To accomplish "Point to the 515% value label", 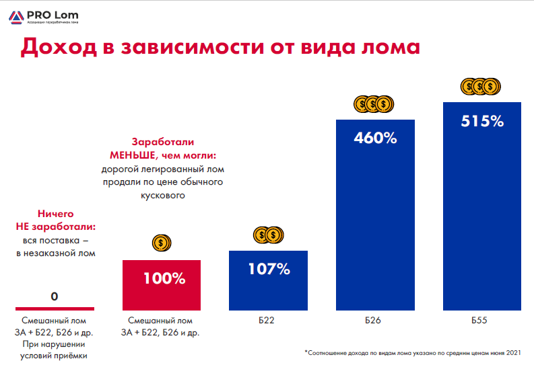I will [x=482, y=122].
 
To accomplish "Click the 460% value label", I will [x=375, y=139].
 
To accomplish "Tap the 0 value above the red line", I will [x=54, y=296].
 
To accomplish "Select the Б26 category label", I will [x=374, y=321].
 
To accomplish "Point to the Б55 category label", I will [x=481, y=321].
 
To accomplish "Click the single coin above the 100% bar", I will [x=161, y=243].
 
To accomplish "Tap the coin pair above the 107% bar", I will [x=268, y=235].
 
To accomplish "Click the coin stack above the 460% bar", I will [x=374, y=104].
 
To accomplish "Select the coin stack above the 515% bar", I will [x=481, y=86].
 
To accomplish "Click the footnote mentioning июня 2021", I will [x=413, y=352].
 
